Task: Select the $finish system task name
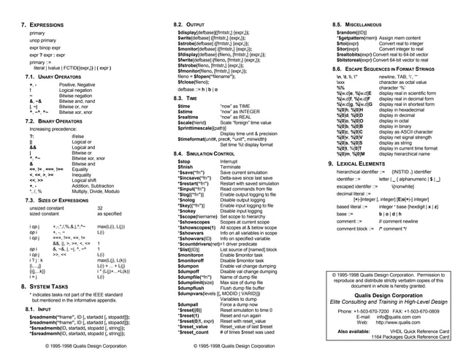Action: [187, 166]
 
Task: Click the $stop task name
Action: [185, 161]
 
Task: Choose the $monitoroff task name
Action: [192, 261]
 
